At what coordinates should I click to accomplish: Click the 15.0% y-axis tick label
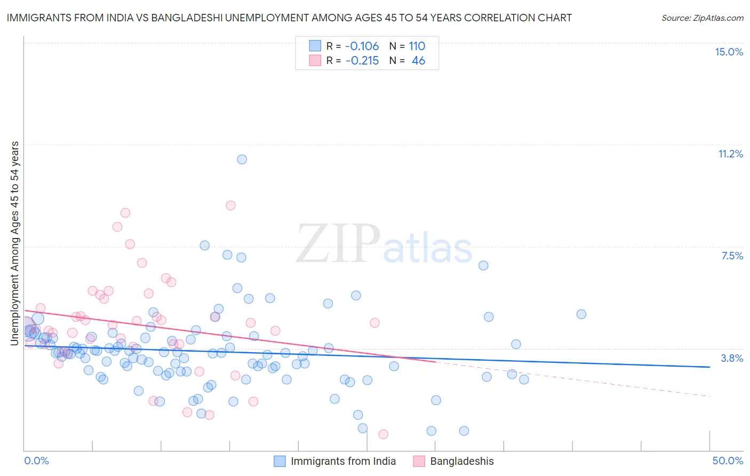coord(729,52)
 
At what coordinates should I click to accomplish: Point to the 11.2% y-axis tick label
coord(730,154)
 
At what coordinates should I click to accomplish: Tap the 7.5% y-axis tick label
coord(732,256)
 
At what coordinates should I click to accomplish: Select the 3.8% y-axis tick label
coord(732,358)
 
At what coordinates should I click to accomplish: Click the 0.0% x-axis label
coord(36,461)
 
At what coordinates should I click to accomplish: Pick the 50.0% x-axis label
coord(728,461)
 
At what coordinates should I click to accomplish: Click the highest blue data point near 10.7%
coord(242,159)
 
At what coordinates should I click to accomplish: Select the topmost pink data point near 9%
coord(230,205)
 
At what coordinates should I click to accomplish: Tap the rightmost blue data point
coord(581,314)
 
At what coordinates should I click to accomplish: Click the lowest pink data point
coord(383,434)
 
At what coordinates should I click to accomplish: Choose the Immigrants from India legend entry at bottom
coord(343,461)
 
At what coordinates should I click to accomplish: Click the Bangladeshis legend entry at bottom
coord(462,461)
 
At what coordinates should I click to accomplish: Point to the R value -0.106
coord(362,46)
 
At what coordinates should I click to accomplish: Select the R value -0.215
coord(362,61)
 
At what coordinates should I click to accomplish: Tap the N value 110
coord(417,46)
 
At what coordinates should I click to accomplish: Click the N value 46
coord(418,61)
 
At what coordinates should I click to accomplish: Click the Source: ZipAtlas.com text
coord(702,18)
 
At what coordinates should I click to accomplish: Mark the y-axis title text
coord(15,243)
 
